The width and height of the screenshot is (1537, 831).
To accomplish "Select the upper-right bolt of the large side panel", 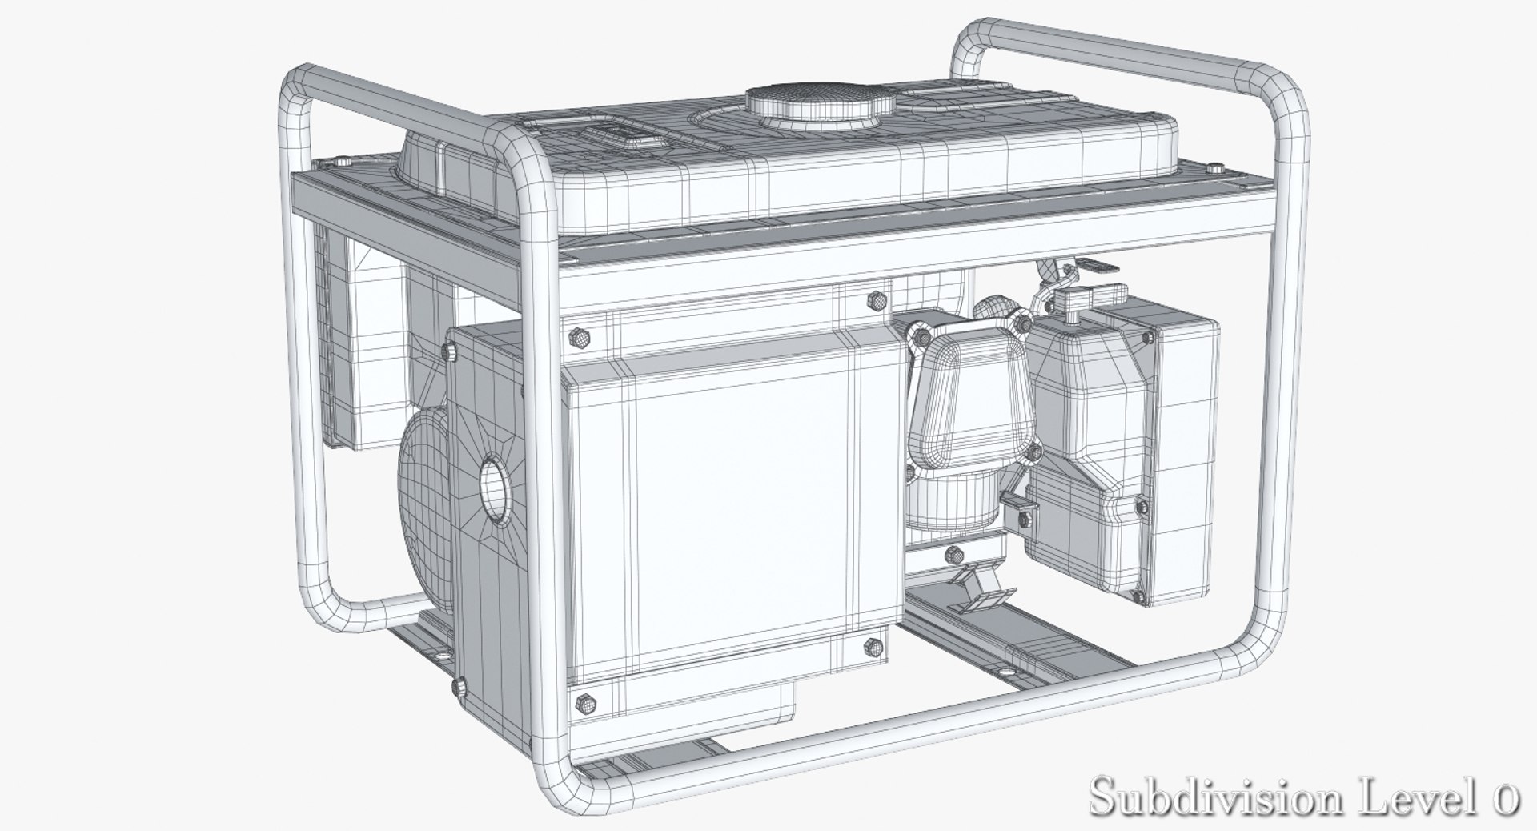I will click(x=875, y=301).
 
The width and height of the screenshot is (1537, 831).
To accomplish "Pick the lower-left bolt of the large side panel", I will click(x=585, y=702).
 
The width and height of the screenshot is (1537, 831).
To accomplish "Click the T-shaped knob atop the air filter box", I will click(x=1071, y=300).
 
